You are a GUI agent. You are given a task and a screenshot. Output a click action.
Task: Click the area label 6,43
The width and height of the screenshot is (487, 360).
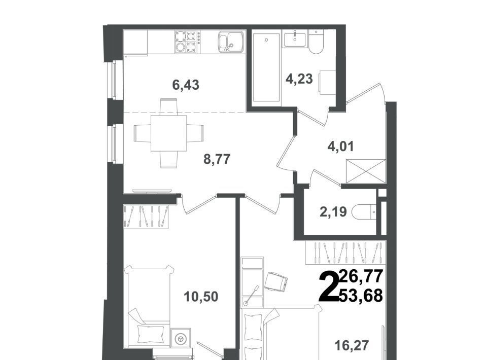pyautogui.click(x=186, y=85)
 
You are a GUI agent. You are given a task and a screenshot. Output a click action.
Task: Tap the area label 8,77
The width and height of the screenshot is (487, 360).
pyautogui.click(x=217, y=159)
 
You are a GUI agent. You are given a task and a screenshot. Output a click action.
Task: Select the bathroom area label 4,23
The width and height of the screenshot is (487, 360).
pyautogui.click(x=299, y=79)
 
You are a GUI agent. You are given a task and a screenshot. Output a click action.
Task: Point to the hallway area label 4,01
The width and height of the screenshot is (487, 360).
pyautogui.click(x=341, y=146)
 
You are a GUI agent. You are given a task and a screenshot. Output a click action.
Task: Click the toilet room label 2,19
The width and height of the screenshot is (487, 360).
pyautogui.click(x=333, y=212)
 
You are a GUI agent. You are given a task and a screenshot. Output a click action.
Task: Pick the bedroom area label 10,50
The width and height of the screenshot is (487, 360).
pyautogui.click(x=201, y=297)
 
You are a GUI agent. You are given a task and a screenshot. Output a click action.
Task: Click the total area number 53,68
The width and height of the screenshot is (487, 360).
pyautogui.click(x=361, y=296)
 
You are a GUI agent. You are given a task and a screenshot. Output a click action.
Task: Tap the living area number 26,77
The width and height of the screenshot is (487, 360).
pyautogui.click(x=361, y=276)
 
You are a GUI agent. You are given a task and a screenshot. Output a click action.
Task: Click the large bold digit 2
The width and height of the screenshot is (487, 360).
pyautogui.click(x=329, y=286)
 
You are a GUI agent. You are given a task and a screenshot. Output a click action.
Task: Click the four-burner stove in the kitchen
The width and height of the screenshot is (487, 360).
pyautogui.click(x=186, y=42)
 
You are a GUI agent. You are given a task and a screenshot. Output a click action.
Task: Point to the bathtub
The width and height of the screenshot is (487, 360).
pyautogui.click(x=266, y=68)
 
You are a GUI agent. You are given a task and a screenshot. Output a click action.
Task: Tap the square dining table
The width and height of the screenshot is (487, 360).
pyautogui.click(x=168, y=133)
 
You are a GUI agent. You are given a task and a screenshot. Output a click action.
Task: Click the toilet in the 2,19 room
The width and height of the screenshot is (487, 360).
pyautogui.click(x=364, y=212)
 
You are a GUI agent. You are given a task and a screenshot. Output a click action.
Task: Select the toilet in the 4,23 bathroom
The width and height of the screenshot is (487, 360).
pyautogui.click(x=316, y=40)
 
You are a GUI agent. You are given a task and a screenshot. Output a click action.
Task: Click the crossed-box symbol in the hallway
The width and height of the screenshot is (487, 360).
pyautogui.click(x=366, y=171)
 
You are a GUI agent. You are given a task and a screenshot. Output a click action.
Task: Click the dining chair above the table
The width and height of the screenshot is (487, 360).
pyautogui.click(x=168, y=107)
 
